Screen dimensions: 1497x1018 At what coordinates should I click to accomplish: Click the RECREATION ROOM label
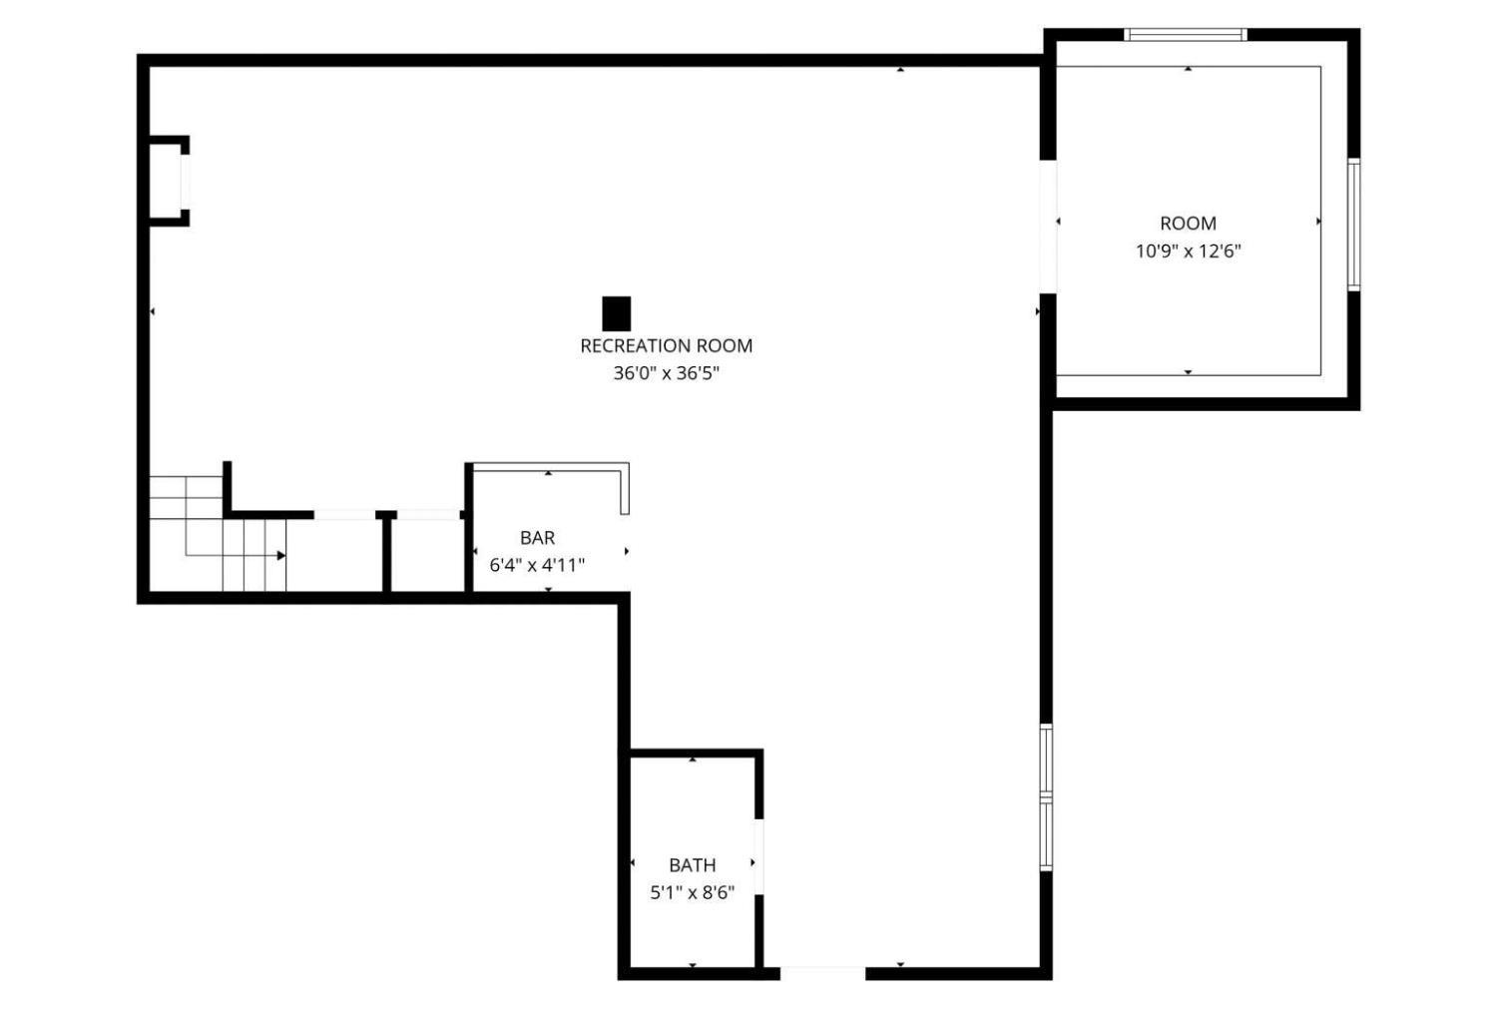(667, 345)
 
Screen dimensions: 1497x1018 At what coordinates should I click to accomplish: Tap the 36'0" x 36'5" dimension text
(667, 373)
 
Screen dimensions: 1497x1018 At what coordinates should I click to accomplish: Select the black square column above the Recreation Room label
(616, 314)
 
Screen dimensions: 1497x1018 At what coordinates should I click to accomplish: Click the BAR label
(537, 537)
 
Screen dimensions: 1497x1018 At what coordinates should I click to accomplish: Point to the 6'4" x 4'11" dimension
(537, 566)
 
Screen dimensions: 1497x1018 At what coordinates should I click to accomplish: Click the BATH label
(693, 865)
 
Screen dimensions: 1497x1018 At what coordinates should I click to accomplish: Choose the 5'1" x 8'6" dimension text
(693, 892)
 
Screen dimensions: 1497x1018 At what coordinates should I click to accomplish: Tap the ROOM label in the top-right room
(1189, 224)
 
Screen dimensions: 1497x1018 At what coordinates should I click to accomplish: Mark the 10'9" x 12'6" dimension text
(1189, 252)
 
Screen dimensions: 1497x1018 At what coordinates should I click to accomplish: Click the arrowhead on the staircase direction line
(281, 556)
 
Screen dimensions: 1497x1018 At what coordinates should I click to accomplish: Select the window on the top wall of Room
(1186, 34)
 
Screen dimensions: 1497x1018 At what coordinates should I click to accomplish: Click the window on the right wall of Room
(1354, 225)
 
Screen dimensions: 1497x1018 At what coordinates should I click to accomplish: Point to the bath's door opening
(758, 856)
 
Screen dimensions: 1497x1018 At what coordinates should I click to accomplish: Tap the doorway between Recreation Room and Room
(1048, 227)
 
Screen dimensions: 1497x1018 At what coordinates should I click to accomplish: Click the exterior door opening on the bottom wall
(822, 973)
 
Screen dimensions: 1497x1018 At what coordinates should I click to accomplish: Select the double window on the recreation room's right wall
(1047, 797)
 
